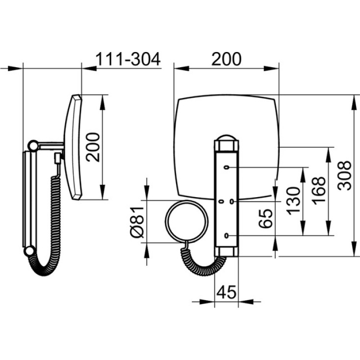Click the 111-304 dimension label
(128, 59)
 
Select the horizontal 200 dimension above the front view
(227, 59)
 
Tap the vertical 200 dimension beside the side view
(93, 147)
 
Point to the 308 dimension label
(345, 176)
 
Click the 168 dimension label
(319, 191)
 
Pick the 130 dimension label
(293, 201)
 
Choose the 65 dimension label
(266, 218)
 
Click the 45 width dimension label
(227, 292)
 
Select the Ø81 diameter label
(137, 222)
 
